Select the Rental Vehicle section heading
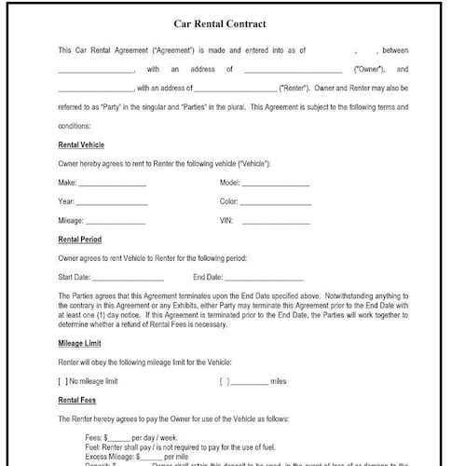coord(81,144)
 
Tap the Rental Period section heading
coord(80,240)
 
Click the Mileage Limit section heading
coord(79,345)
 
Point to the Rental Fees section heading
coord(77,401)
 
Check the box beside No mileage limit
coord(62,380)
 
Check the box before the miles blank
coord(224,380)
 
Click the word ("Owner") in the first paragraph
coord(372,69)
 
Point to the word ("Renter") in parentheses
coord(297,88)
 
